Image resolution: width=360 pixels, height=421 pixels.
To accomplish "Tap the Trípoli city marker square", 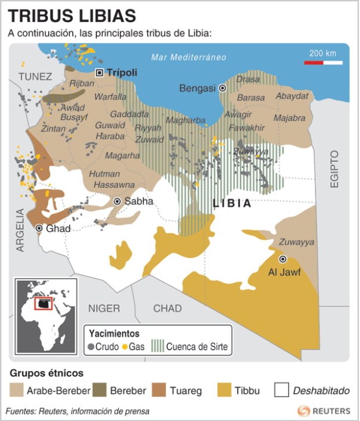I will pos(100,73).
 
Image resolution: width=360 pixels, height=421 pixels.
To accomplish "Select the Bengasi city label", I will pos(197,88).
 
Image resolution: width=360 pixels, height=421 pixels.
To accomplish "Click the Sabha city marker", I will pos(117,202).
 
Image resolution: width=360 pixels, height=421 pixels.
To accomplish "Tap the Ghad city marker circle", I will pos(39,229).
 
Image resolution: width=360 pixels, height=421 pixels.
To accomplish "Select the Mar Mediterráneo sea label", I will pos(188,58).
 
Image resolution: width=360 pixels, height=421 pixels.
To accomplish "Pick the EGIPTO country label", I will pos(334,170).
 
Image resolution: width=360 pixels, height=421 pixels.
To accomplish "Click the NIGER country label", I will pos(104,308).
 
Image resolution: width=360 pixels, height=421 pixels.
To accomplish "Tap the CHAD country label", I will pos(167,308).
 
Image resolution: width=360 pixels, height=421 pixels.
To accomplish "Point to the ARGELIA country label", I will pos(20,230).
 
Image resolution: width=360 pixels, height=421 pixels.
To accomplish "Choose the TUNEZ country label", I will pos(35,76).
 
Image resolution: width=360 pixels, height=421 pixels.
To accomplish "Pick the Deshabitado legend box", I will pos(282,391).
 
